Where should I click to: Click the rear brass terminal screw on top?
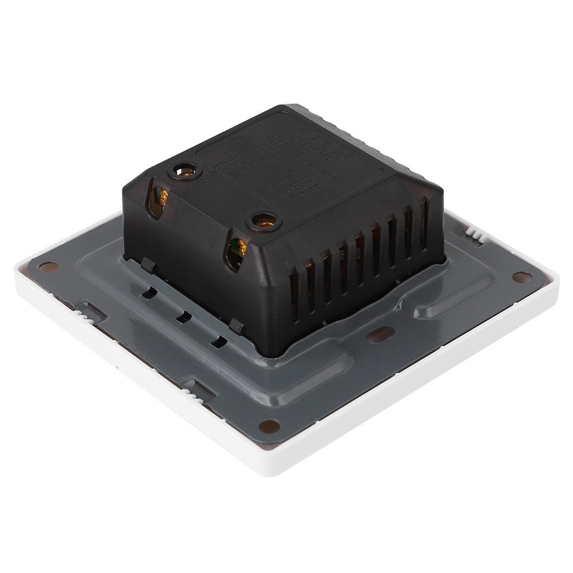tap(185, 170)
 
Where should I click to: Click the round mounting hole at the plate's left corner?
tap(49, 267)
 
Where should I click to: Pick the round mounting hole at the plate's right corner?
tap(521, 277)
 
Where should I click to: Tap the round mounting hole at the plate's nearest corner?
tap(269, 426)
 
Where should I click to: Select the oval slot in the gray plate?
tap(380, 334)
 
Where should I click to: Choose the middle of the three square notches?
tap(183, 316)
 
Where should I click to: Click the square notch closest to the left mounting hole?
tap(149, 292)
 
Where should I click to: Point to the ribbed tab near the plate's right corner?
tap(473, 233)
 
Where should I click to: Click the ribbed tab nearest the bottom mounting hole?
tap(195, 390)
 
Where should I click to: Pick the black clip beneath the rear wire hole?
tap(147, 264)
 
